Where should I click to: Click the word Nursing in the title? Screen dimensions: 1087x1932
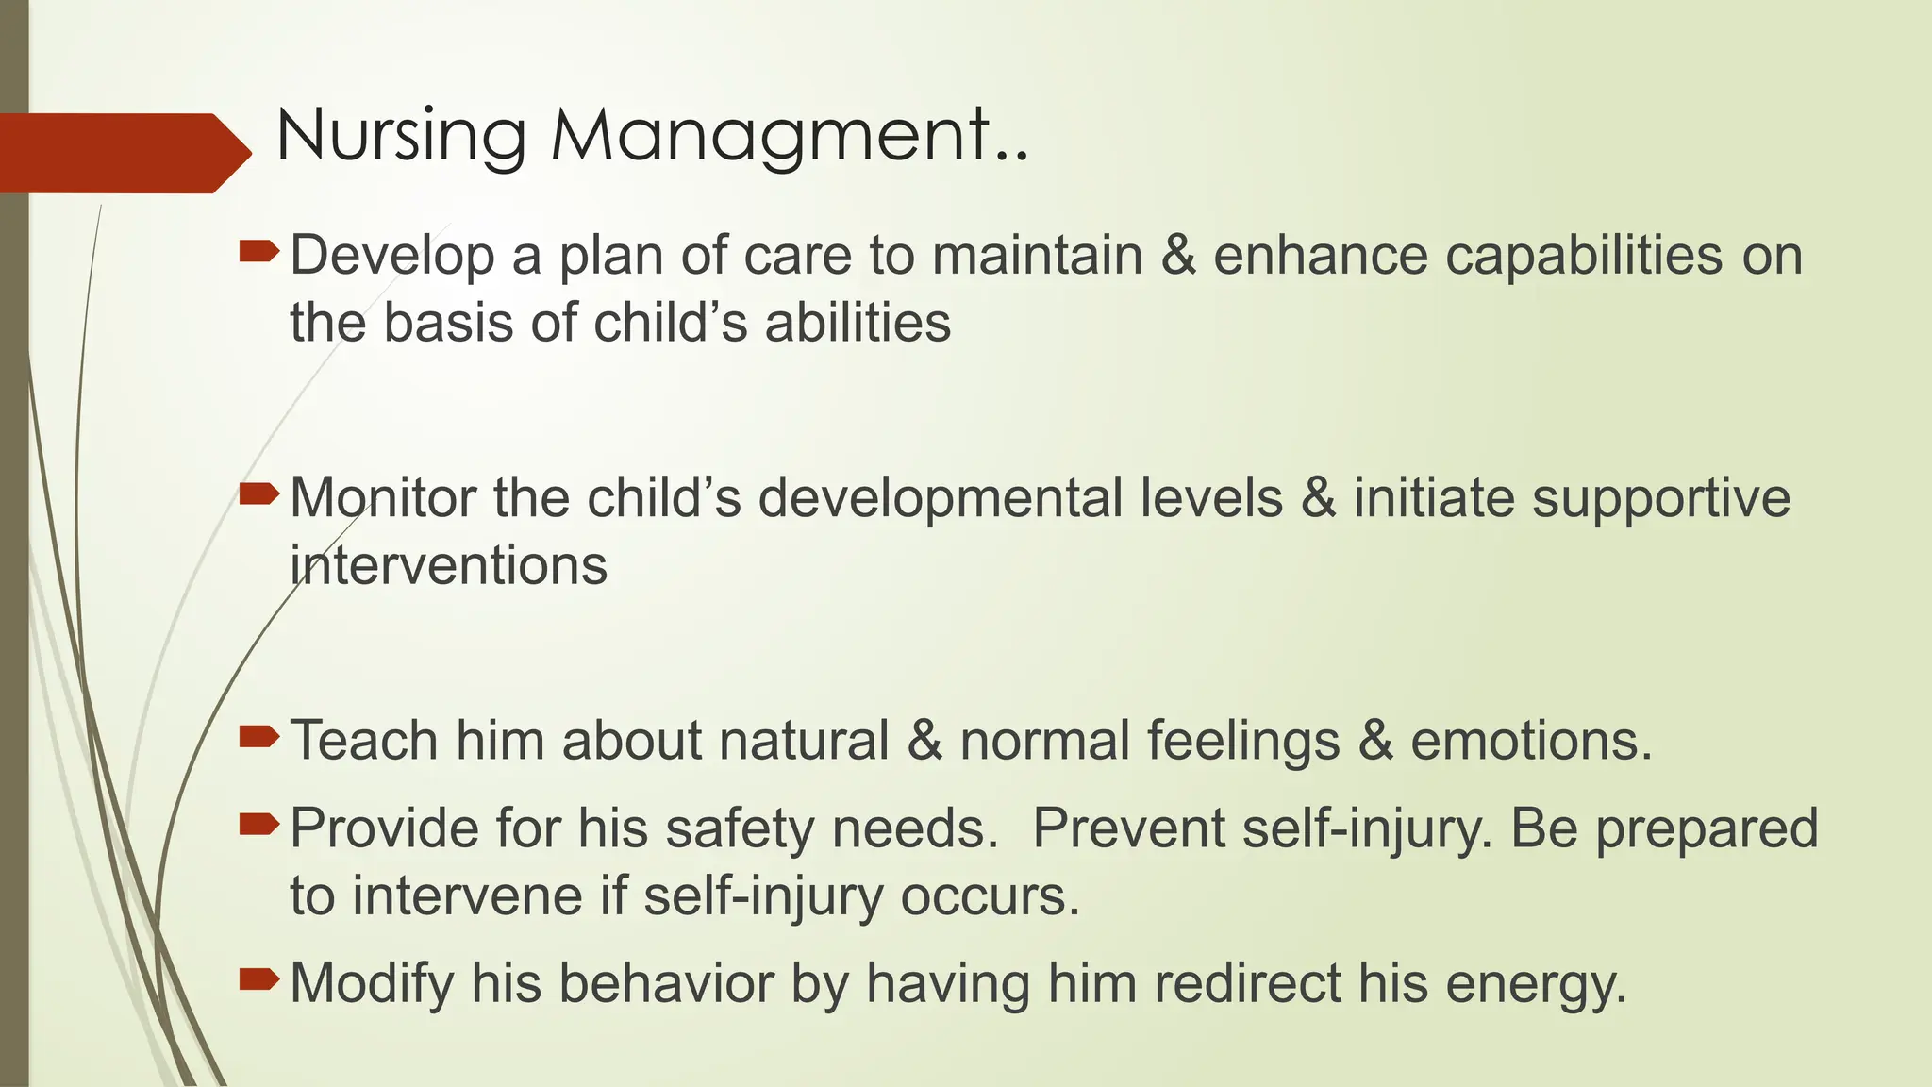pyautogui.click(x=400, y=138)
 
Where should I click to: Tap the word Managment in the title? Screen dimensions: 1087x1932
pyautogui.click(x=769, y=138)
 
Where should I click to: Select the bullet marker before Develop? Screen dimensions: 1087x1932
pyautogui.click(x=258, y=251)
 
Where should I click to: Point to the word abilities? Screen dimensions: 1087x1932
pyautogui.click(x=857, y=323)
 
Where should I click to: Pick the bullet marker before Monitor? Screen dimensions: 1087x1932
pyautogui.click(x=258, y=493)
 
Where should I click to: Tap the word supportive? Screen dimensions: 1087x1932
pyautogui.click(x=1660, y=500)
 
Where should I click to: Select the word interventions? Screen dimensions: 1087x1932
pyautogui.click(x=448, y=566)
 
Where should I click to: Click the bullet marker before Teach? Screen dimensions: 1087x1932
pyautogui.click(x=258, y=736)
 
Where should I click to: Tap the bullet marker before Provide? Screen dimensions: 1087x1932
pyautogui.click(x=258, y=826)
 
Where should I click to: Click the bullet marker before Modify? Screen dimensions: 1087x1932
pyautogui.click(x=258, y=979)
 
